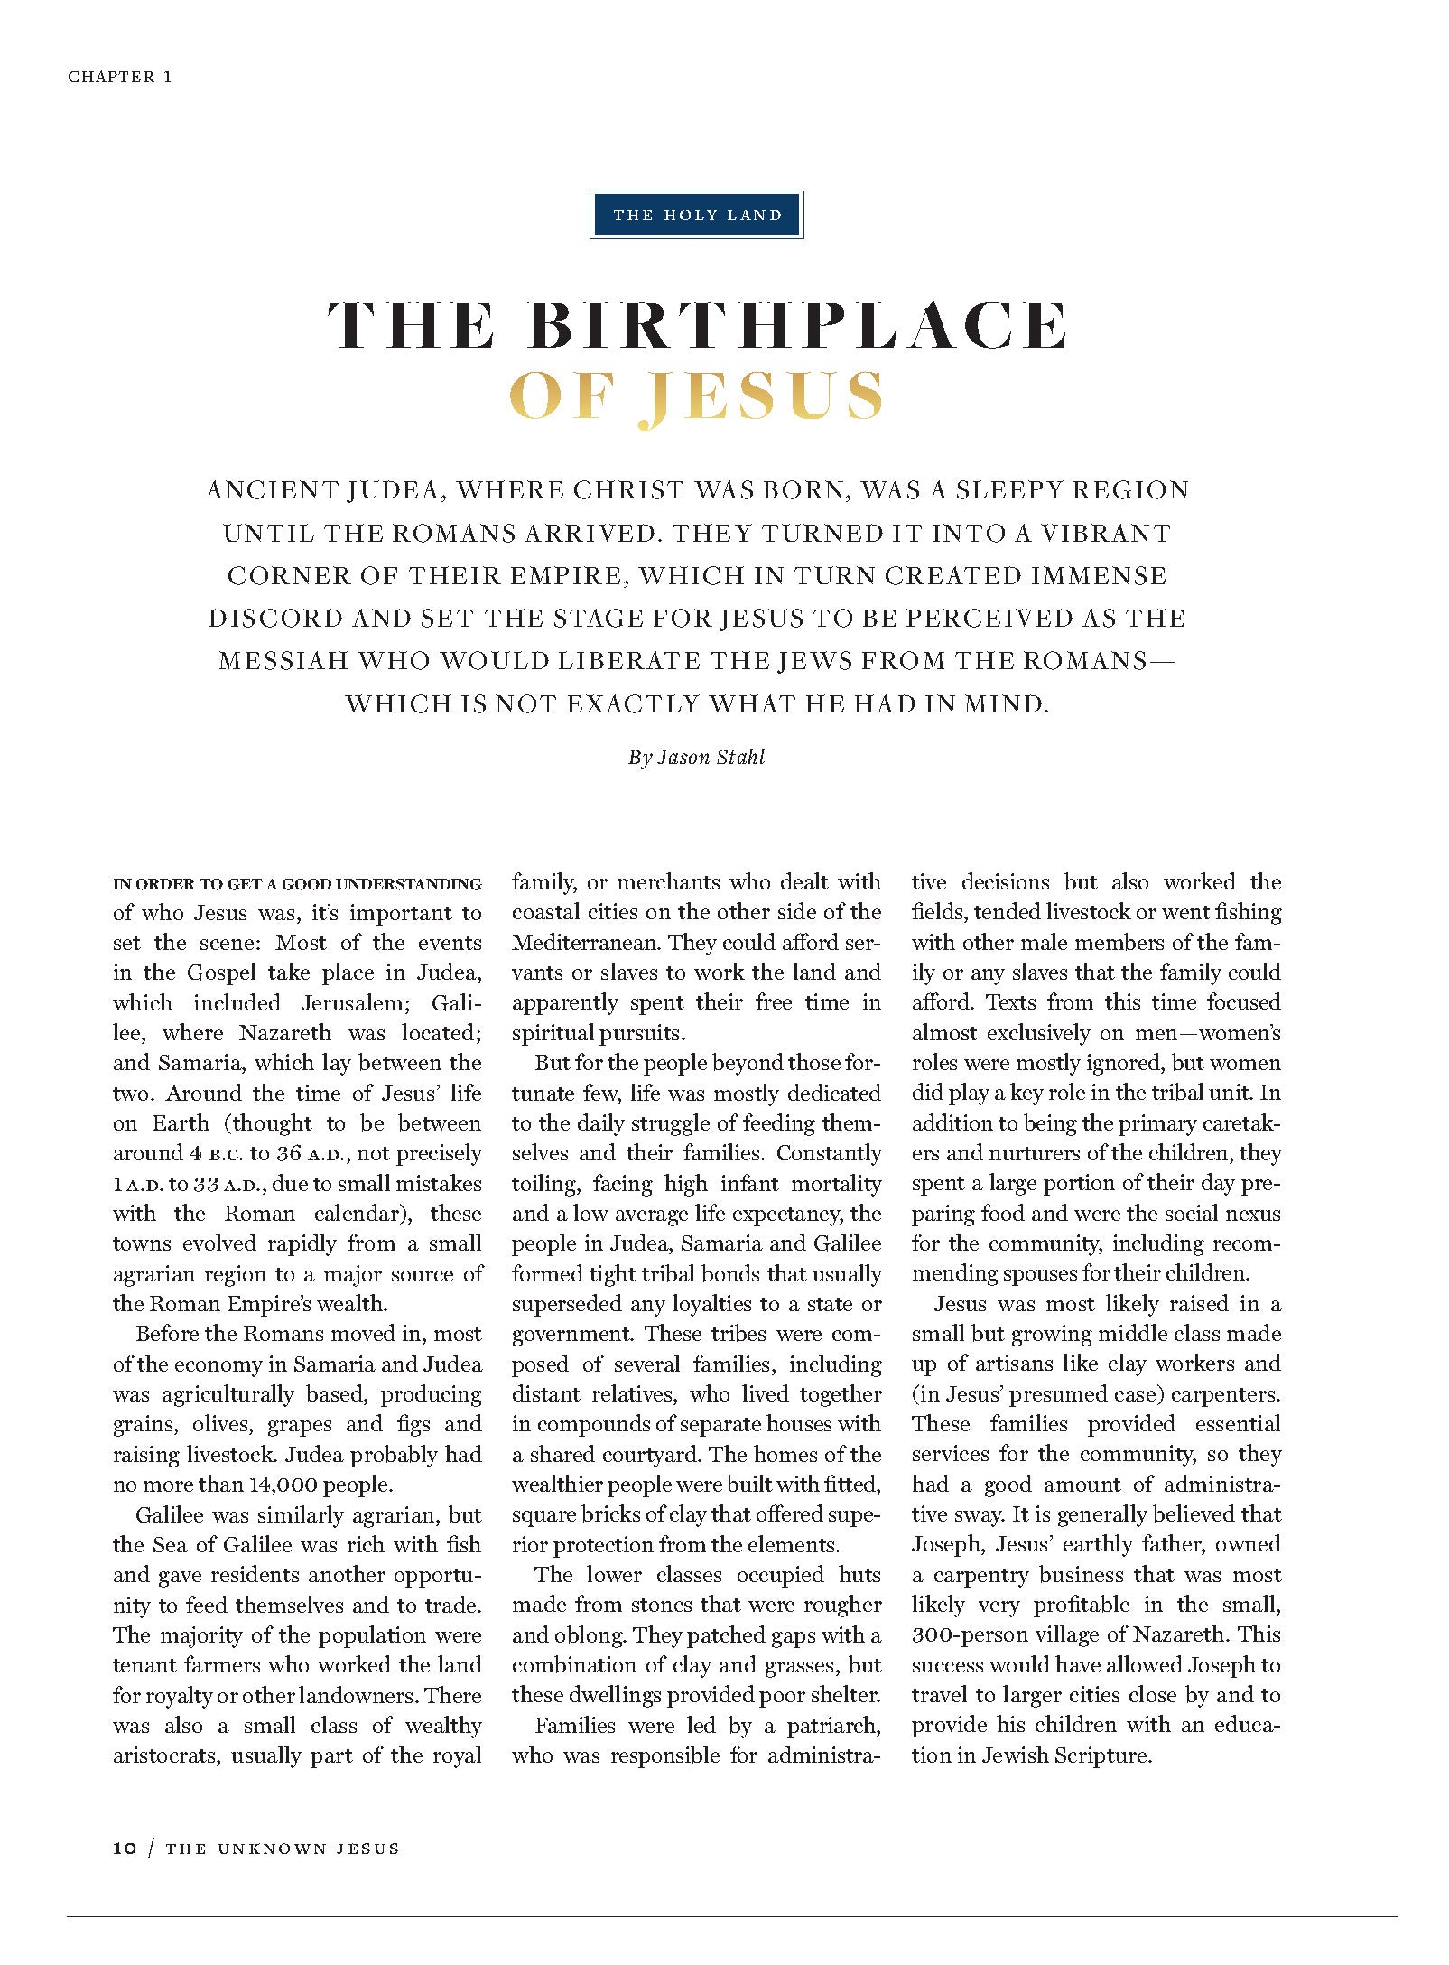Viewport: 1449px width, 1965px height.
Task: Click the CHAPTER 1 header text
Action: tap(119, 77)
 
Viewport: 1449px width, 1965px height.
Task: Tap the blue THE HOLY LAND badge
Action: tap(696, 215)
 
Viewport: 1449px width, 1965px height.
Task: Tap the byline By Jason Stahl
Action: tap(696, 757)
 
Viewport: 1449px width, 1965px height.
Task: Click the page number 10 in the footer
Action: tap(125, 1849)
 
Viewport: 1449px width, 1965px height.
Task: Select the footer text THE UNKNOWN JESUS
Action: tap(283, 1849)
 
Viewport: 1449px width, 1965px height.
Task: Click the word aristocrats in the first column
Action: tap(166, 1755)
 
